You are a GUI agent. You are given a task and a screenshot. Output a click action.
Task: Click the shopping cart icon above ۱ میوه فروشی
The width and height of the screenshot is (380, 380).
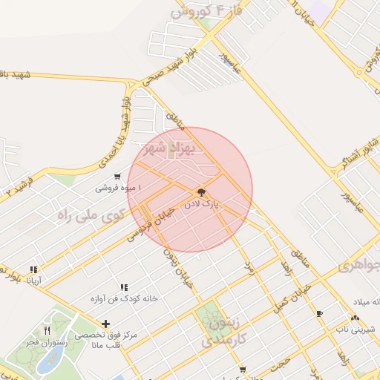click(117, 177)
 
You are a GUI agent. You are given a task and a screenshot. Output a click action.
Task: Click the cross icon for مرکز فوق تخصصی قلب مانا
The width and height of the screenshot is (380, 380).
click(106, 324)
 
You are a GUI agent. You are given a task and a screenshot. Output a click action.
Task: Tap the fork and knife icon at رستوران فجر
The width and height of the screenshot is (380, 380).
click(47, 330)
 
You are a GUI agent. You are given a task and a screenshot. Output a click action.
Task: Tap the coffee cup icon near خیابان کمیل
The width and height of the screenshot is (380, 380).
click(319, 313)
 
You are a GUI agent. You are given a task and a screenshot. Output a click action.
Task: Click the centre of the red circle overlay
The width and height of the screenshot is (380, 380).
click(190, 189)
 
